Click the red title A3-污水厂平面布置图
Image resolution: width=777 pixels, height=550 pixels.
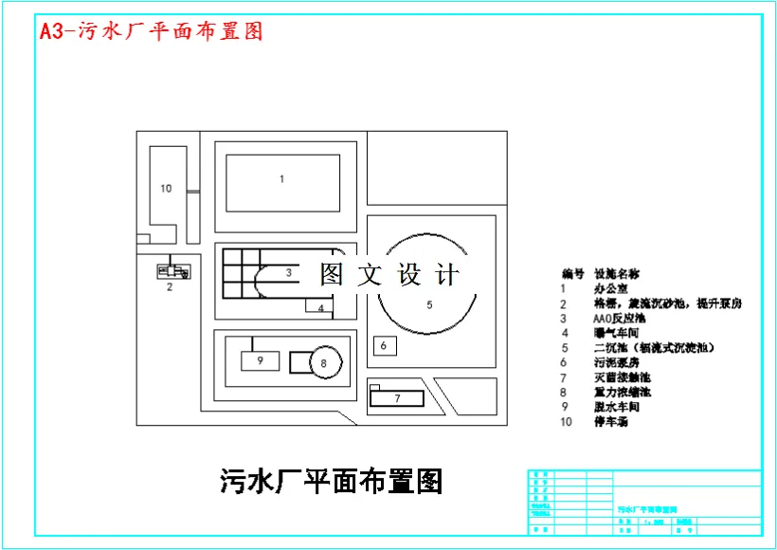click(151, 30)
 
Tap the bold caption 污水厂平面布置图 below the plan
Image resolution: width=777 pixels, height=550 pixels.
click(332, 481)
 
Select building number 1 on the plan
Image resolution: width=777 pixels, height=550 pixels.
click(281, 178)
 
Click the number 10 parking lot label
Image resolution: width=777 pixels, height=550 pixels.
click(166, 189)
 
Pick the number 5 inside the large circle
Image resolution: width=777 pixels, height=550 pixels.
click(429, 304)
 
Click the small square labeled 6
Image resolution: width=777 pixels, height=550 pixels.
click(384, 346)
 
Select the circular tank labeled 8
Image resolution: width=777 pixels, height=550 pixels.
click(323, 362)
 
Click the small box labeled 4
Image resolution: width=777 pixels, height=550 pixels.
click(321, 307)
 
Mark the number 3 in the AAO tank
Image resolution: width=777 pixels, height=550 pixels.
click(288, 273)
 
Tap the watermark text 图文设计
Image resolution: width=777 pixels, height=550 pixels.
click(389, 275)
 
